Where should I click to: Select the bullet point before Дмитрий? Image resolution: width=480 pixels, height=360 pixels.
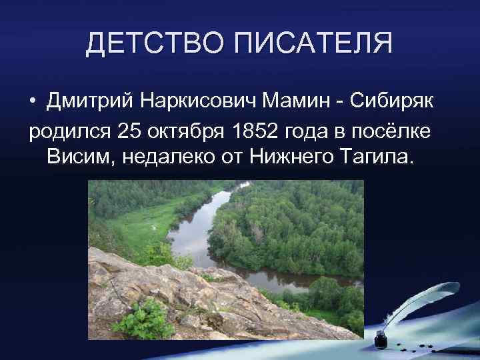click(x=33, y=101)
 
